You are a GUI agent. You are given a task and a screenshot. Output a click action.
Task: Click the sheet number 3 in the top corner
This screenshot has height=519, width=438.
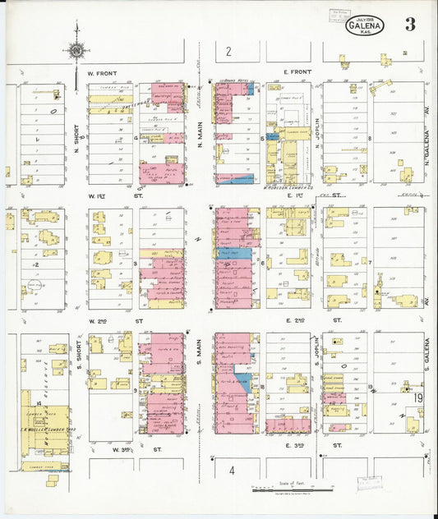click(x=409, y=25)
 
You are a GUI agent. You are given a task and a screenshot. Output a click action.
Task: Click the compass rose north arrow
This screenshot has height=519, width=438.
click(x=76, y=48)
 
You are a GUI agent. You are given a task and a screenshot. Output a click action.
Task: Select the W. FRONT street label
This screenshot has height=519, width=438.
click(x=103, y=73)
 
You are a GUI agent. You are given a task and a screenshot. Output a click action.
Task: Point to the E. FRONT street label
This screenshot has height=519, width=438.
click(x=297, y=73)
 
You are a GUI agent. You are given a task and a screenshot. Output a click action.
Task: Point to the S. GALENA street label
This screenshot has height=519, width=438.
click(x=428, y=353)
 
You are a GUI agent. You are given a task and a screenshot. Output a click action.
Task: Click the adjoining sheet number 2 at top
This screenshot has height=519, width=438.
click(x=229, y=53)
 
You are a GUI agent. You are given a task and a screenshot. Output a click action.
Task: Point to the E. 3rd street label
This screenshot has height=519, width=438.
click(x=296, y=445)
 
